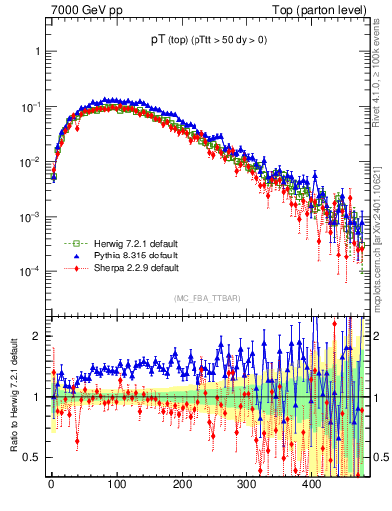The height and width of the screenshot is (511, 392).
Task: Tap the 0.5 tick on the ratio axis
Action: coord(30,457)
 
